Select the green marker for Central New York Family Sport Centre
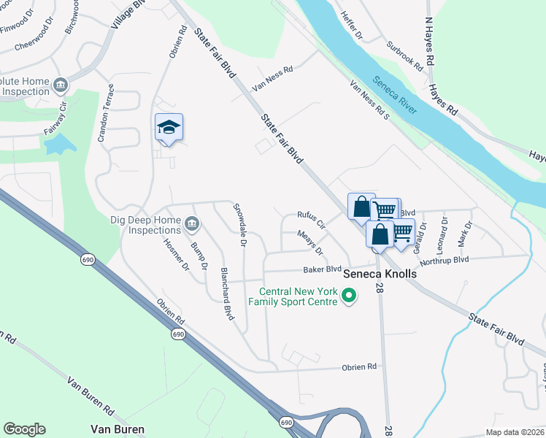349,296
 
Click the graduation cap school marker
169,128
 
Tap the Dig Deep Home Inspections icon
191,223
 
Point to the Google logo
24,429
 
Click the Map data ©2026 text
515,432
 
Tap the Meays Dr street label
310,242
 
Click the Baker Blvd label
323,269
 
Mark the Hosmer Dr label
176,255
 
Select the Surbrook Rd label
405,55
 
